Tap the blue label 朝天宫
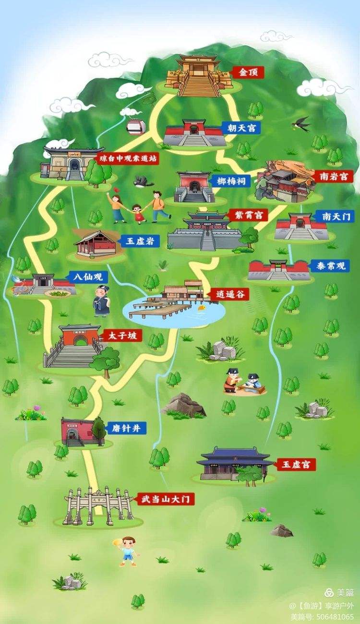pos(241,128)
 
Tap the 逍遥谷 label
pos(223,294)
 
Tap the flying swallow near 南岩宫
pos(301,123)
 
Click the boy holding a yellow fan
pos(127,551)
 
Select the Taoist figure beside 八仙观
pos(101,301)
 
